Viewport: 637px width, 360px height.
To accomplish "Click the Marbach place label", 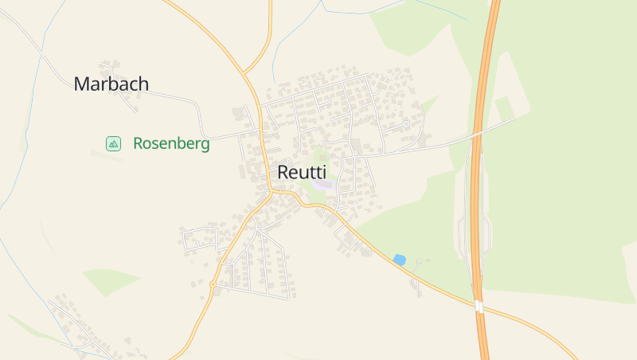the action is pos(111,84).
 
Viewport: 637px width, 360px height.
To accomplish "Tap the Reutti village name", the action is pos(302,172).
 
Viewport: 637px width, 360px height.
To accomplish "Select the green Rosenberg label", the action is pos(171,144).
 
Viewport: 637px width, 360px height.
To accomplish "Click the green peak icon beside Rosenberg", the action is pos(113,143).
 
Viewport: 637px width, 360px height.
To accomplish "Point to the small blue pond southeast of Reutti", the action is pos(399,260).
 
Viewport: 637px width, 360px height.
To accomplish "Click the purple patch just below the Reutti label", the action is pos(322,185).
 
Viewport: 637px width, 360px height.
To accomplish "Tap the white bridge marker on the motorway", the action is pos(479,307).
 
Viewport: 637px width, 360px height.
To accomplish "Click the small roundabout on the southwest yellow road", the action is pos(213,284).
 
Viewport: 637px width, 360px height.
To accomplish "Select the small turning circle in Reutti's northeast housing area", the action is pos(406,124).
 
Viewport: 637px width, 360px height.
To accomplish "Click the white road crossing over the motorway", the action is pos(478,134).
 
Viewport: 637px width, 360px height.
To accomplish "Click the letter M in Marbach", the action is pos(80,84).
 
